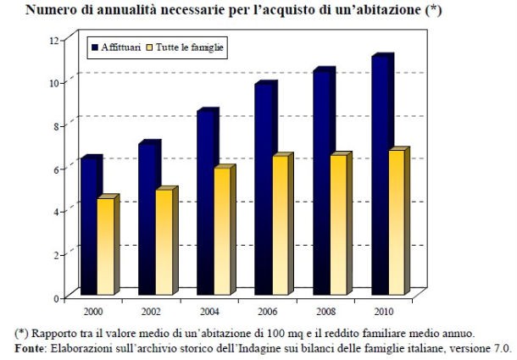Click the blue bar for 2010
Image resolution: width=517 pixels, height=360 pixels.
pyautogui.click(x=380, y=177)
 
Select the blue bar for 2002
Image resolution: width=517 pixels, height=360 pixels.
pyautogui.click(x=147, y=220)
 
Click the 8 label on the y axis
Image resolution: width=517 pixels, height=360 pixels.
pyautogui.click(x=56, y=126)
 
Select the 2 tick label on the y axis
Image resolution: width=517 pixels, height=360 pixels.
pyautogui.click(x=56, y=255)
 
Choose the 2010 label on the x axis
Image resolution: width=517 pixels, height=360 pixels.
pyautogui.click(x=382, y=310)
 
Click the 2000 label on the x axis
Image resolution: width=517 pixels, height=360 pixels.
pyautogui.click(x=93, y=310)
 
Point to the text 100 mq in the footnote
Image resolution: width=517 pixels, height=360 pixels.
pyautogui.click(x=270, y=332)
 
